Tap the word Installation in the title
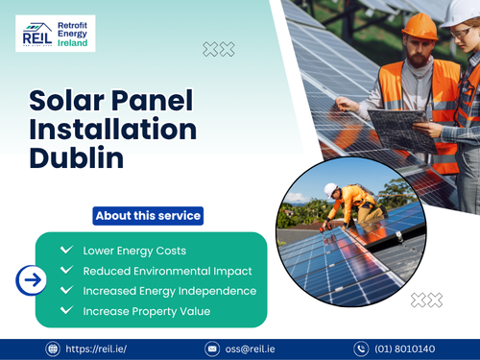[x=112, y=129]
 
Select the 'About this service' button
[x=148, y=216]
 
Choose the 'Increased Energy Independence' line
[x=169, y=291]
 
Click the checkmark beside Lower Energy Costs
[x=66, y=250]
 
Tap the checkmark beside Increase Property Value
[x=66, y=310]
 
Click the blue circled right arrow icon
[x=32, y=280]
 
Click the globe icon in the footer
[x=53, y=348]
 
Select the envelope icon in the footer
[x=212, y=348]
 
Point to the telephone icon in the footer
[x=361, y=348]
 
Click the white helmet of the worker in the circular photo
[x=331, y=189]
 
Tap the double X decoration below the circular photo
[x=426, y=300]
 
